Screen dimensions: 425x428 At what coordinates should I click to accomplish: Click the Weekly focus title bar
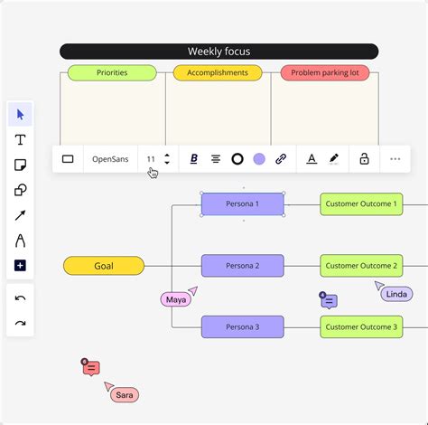point(219,52)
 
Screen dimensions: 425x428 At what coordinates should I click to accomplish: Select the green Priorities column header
point(112,72)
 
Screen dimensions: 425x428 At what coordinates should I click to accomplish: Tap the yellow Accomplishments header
point(218,72)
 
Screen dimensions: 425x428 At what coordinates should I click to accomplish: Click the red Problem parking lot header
point(324,72)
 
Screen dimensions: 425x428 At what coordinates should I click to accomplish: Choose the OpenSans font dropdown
point(110,159)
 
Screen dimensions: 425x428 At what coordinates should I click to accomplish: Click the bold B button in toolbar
point(193,159)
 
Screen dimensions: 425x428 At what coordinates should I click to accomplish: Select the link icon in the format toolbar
point(281,159)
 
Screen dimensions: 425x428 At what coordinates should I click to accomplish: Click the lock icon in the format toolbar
point(364,159)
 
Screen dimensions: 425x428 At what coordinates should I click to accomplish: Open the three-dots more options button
point(395,159)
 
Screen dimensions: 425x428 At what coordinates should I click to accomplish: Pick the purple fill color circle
point(259,159)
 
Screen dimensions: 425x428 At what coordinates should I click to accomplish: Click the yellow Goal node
point(104,266)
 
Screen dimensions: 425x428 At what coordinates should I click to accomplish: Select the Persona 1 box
point(242,204)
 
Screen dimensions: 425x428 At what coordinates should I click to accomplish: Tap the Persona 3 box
point(242,326)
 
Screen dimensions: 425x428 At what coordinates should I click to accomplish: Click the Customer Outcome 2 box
point(360,266)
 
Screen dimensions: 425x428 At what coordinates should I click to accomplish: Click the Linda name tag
point(396,294)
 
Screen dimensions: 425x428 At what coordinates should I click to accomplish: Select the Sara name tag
point(125,395)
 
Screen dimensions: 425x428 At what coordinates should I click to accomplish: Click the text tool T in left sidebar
point(20,139)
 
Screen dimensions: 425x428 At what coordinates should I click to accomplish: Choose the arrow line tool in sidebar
point(20,215)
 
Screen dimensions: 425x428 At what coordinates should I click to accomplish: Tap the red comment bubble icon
point(91,368)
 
